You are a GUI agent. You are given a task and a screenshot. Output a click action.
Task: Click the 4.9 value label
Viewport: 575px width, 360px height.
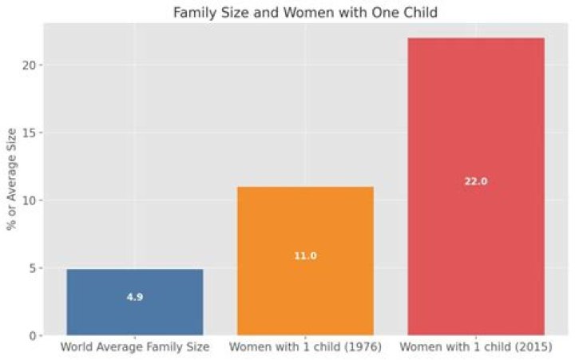[135, 297]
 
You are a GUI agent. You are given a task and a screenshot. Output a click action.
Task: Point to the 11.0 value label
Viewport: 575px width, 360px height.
[305, 256]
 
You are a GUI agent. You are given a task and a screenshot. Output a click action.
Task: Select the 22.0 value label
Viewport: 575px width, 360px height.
[476, 181]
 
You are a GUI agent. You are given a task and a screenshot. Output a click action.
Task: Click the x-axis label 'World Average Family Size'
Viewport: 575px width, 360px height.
[135, 348]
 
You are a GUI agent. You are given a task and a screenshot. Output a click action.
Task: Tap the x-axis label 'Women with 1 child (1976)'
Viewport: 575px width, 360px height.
[305, 348]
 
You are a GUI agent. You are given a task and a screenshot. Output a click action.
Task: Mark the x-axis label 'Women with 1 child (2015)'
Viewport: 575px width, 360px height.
[476, 348]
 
